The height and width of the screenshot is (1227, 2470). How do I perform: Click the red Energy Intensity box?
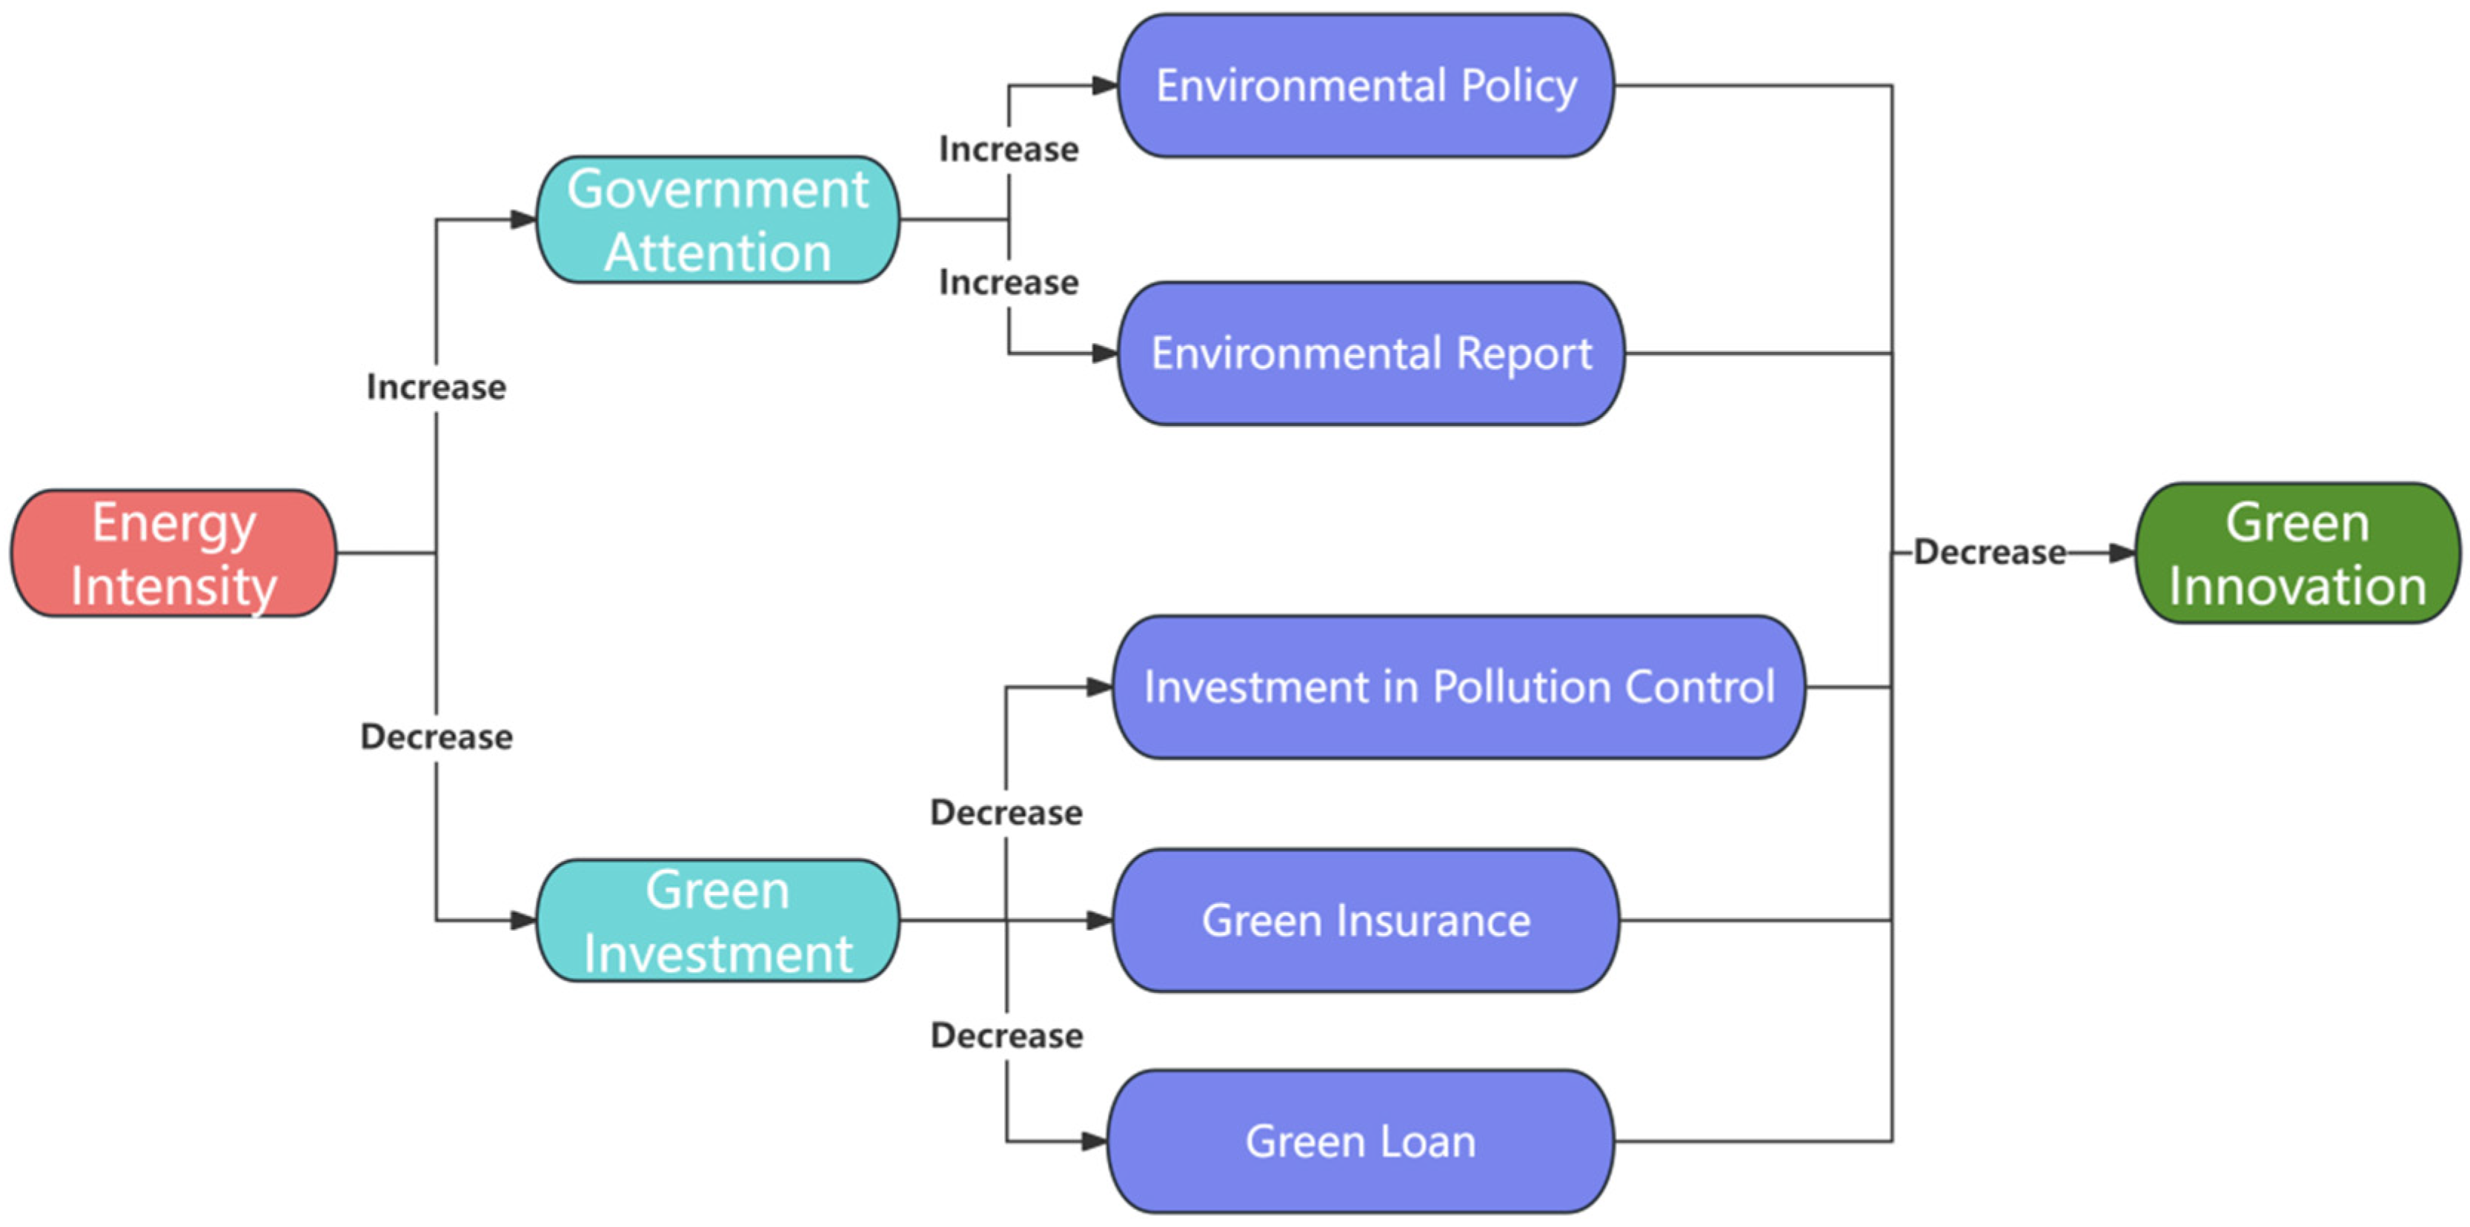173,553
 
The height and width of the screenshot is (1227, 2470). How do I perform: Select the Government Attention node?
717,219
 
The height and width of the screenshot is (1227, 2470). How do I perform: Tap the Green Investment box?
717,920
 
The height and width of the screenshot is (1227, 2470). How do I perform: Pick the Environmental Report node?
1371,353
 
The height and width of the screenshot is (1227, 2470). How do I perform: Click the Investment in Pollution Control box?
1458,686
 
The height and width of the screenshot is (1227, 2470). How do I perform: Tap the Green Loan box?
1361,1141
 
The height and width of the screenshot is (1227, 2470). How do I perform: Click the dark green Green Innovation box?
2297,553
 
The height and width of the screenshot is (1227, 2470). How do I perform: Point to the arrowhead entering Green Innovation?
2122,553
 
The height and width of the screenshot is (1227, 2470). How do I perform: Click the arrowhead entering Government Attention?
522,219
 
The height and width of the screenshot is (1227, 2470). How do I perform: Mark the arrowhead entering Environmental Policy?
1105,85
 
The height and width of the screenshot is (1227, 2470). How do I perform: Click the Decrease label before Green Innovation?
1990,552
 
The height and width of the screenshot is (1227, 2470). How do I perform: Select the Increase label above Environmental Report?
1009,282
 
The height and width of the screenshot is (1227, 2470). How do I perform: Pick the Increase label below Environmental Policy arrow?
1009,150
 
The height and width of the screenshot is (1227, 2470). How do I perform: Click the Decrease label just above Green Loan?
1007,1035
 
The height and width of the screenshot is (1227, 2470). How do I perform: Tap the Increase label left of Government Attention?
436,388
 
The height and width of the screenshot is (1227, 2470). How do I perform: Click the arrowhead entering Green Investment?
522,920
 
